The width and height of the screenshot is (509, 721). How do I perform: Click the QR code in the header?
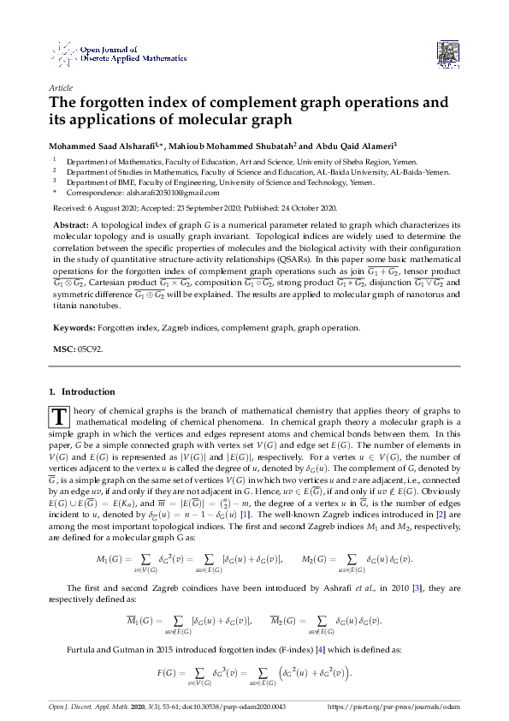point(445,53)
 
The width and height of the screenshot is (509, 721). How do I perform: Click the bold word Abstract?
point(74,224)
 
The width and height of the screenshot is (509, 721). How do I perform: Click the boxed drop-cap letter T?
point(60,418)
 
